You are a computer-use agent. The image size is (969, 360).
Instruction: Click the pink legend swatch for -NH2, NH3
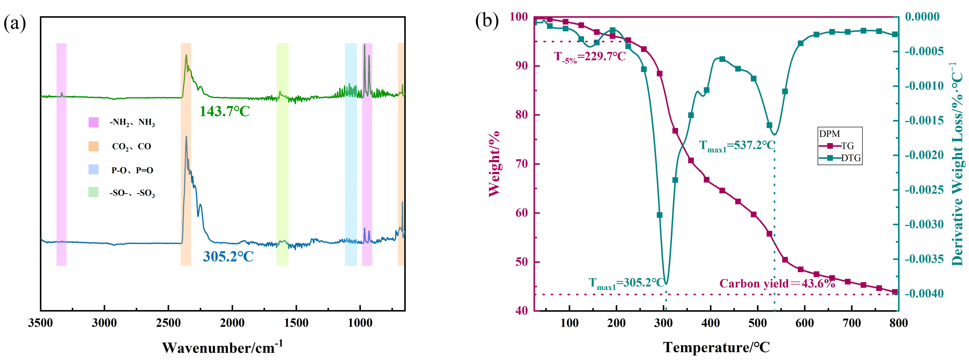pyautogui.click(x=93, y=122)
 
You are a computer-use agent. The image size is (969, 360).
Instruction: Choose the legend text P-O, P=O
pyautogui.click(x=132, y=170)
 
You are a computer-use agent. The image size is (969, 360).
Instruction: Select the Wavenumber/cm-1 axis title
pyautogui.click(x=222, y=347)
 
